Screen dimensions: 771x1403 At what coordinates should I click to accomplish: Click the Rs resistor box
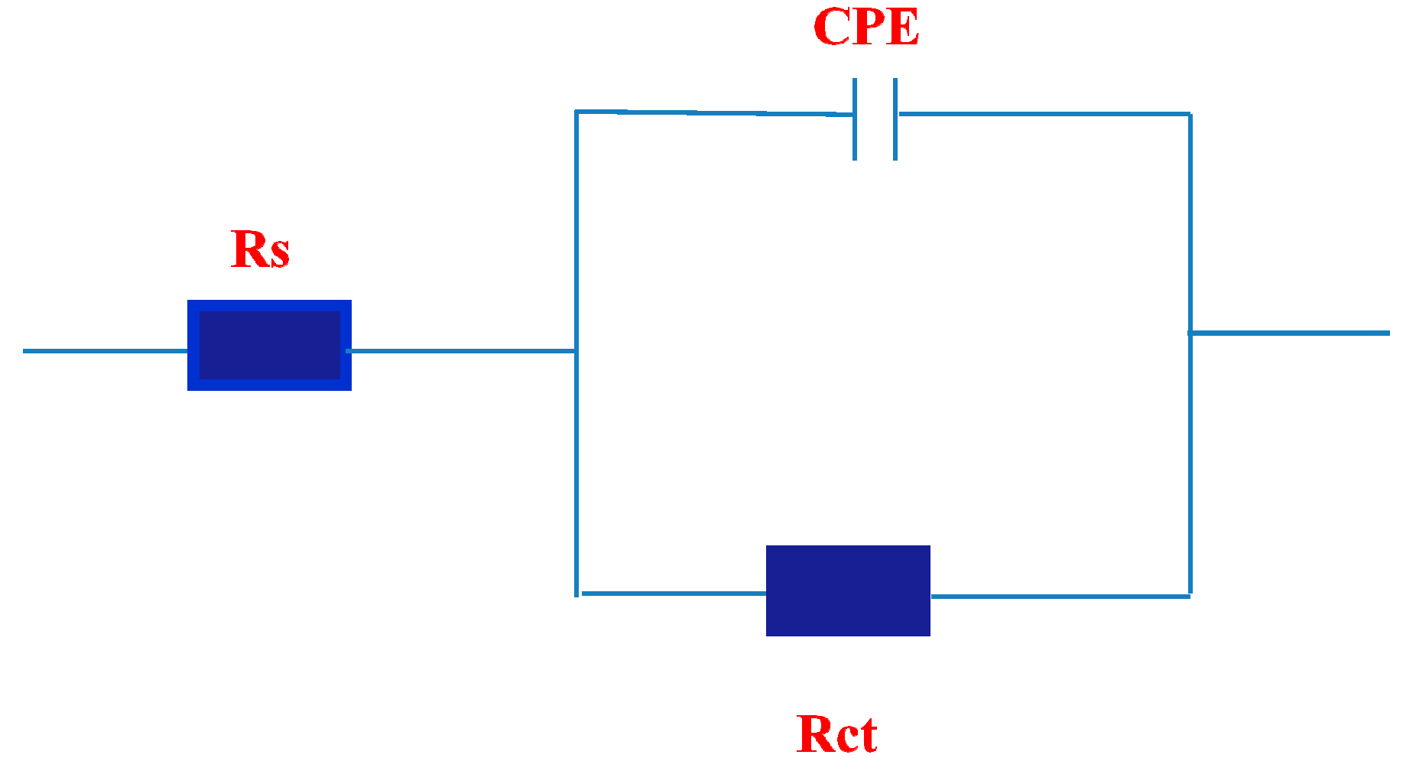click(269, 345)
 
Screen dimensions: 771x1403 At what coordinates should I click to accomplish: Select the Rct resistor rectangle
click(848, 590)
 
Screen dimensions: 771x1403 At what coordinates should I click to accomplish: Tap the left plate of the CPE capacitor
click(855, 119)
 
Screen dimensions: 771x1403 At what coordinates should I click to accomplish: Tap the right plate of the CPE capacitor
click(895, 119)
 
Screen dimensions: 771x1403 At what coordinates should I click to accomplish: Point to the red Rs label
click(260, 249)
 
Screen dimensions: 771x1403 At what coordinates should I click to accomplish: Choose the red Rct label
click(836, 734)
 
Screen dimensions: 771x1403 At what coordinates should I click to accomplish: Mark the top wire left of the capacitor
click(711, 113)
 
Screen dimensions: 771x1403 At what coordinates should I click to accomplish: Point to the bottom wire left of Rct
click(673, 593)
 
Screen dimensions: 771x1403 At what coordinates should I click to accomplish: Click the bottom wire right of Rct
click(1059, 596)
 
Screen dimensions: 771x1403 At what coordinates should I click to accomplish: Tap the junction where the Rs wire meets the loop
click(576, 351)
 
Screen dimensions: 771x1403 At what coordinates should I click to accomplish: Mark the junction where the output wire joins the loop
click(1190, 333)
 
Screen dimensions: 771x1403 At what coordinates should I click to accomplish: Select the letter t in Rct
click(867, 735)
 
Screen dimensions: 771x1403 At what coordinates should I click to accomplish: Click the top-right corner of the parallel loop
click(1190, 114)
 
